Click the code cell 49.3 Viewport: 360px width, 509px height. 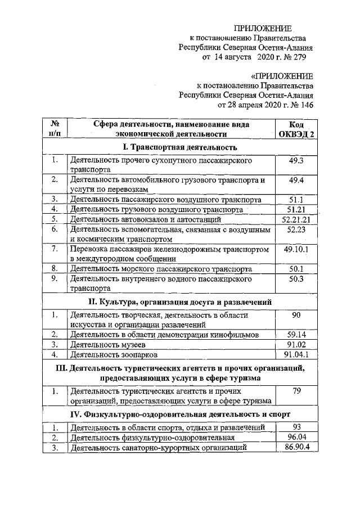point(296,160)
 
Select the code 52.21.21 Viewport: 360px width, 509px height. point(296,219)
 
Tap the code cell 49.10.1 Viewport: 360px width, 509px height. point(296,249)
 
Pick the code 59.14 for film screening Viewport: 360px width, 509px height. point(296,335)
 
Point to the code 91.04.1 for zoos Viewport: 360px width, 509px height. point(296,355)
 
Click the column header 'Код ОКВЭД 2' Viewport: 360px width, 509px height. point(296,129)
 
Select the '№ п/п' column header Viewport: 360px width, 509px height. point(55,129)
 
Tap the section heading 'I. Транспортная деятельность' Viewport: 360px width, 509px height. point(179,147)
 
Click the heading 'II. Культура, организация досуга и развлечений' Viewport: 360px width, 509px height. point(179,301)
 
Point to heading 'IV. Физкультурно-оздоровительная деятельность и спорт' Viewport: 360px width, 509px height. point(179,415)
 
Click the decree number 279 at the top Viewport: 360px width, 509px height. point(303,58)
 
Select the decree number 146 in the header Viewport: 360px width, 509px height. point(303,105)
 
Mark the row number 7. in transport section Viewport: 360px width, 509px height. point(55,249)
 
